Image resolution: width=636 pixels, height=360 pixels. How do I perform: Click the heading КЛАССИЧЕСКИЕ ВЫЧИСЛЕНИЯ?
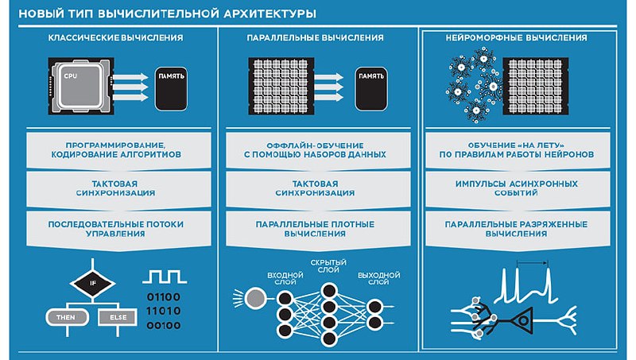(x=114, y=37)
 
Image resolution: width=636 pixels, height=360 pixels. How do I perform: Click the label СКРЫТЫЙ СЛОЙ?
(x=328, y=265)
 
